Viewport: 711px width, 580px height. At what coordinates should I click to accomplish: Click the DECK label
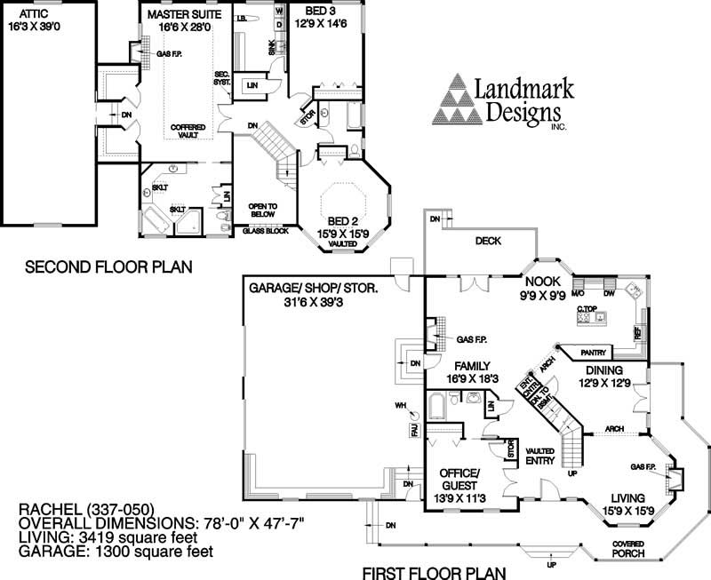point(488,240)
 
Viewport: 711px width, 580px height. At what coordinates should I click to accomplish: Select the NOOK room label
point(542,284)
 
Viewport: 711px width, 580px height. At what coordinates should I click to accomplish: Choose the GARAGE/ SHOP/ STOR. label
point(314,288)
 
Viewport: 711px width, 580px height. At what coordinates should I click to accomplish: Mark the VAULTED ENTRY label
point(540,456)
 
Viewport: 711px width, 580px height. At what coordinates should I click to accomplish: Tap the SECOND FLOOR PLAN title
point(108,266)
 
